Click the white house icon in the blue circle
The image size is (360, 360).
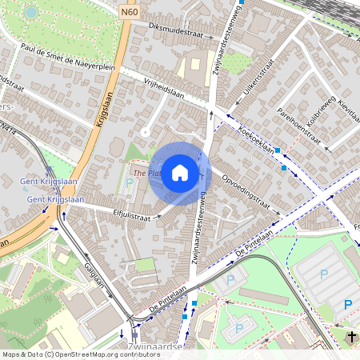tap(180, 173)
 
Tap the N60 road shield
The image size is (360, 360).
tap(130, 12)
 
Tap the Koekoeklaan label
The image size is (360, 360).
tap(257, 136)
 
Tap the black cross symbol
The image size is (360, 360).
tap(352, 337)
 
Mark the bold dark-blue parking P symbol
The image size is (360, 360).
tap(347, 304)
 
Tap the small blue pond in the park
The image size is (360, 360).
tap(30, 12)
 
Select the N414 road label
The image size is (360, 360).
tap(8, 128)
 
